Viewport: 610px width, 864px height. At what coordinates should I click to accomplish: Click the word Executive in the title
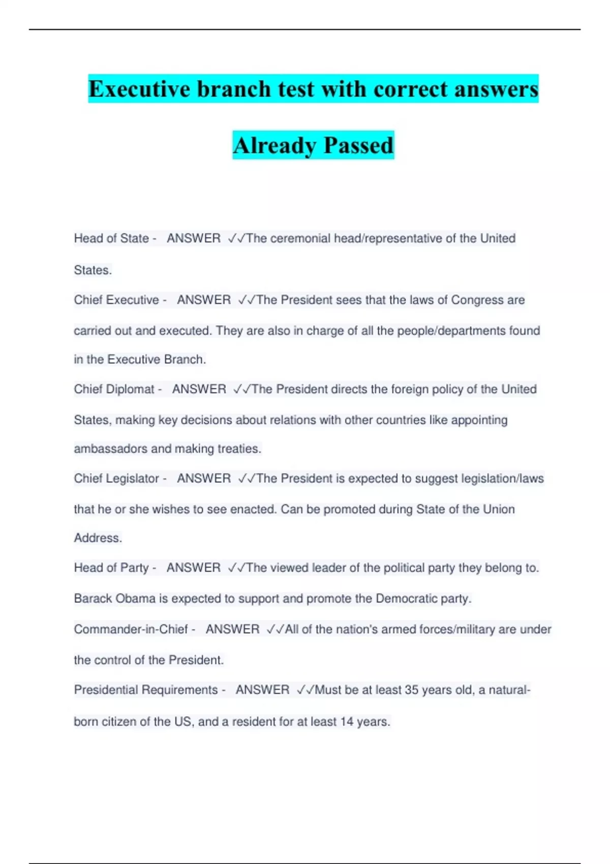139,89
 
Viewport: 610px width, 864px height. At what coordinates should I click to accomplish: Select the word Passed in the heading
358,145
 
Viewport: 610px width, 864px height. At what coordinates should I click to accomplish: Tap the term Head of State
111,238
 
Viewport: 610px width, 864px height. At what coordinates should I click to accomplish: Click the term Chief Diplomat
114,389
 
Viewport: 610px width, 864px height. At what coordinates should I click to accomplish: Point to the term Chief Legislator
116,479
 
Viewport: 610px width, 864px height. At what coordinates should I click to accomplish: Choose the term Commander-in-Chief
131,629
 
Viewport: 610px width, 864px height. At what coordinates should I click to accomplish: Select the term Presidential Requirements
146,690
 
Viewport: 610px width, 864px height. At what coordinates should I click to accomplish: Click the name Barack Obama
114,599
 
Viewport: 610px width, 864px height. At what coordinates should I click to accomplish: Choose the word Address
98,538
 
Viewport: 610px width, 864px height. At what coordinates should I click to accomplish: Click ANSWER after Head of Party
194,568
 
